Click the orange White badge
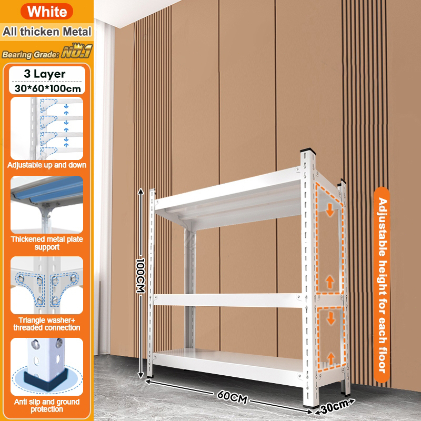click(x=47, y=12)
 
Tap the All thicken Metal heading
click(x=47, y=32)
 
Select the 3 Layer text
click(x=45, y=74)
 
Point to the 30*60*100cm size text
click(x=47, y=88)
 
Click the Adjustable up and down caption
click(x=47, y=165)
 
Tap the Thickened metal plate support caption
click(x=47, y=243)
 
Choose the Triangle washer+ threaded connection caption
click(x=47, y=324)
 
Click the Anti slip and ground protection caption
click(x=47, y=405)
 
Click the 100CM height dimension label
click(x=141, y=275)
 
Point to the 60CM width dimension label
click(x=232, y=397)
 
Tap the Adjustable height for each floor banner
click(x=382, y=285)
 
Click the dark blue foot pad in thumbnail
click(x=46, y=378)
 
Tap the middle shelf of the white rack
click(x=228, y=300)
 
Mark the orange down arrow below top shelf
click(x=330, y=210)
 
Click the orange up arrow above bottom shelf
click(x=331, y=358)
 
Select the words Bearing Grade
click(x=30, y=55)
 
